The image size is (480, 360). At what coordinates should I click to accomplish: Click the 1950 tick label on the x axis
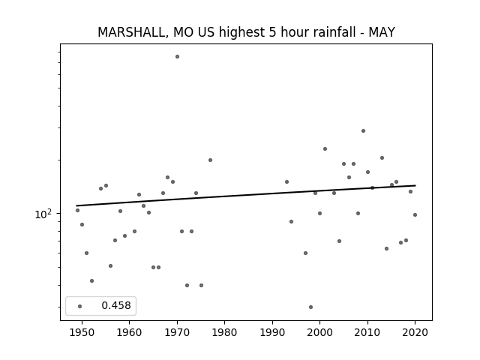point(82,333)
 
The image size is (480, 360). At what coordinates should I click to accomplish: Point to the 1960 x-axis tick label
point(129,333)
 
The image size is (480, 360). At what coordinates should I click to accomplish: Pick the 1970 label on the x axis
point(177,333)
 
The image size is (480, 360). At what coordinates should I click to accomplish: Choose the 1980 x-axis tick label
point(224,333)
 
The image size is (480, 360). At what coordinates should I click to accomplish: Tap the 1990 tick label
point(272,333)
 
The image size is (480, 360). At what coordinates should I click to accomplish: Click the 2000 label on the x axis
point(319,333)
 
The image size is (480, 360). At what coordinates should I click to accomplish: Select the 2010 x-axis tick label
point(367,333)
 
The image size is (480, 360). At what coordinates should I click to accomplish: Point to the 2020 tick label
point(415,333)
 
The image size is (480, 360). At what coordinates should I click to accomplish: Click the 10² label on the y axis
point(43,214)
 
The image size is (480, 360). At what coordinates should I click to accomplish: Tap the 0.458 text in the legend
point(116,305)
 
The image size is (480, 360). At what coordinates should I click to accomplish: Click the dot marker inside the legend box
point(80,306)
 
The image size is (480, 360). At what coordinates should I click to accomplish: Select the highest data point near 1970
point(177,57)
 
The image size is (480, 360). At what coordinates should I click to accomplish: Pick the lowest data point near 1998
point(310,307)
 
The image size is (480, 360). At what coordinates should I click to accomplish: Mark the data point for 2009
point(363,131)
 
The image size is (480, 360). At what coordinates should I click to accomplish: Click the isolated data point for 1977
point(210,160)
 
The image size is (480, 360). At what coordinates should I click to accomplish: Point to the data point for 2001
point(325,149)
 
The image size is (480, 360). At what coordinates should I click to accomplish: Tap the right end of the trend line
point(415,185)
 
